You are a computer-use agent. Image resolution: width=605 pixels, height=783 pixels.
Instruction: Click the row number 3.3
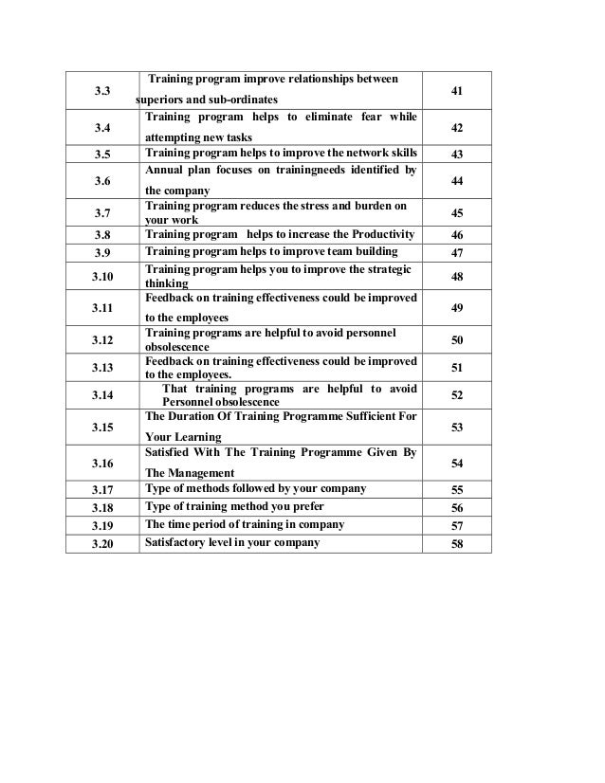click(101, 90)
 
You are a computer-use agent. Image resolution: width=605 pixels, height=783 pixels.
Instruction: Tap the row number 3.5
click(101, 154)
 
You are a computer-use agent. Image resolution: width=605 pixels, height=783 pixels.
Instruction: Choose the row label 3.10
click(101, 276)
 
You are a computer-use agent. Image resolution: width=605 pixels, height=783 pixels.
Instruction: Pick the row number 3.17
click(101, 490)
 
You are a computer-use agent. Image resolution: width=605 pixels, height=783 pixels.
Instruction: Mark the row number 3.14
click(101, 394)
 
